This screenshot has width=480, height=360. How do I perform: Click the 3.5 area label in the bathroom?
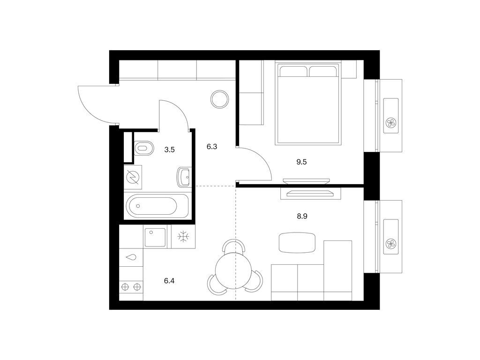[x=169, y=150]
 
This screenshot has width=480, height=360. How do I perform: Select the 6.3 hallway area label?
[x=211, y=147]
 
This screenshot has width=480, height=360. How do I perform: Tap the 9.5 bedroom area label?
[x=301, y=162]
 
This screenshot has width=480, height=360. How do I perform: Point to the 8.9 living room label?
[x=302, y=216]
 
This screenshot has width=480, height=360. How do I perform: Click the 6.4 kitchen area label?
[x=169, y=281]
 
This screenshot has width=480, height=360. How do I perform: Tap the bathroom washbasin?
[x=184, y=177]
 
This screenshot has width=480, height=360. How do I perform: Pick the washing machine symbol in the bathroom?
[x=133, y=177]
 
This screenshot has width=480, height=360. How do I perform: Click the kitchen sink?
[x=155, y=237]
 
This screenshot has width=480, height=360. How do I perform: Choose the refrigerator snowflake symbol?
[x=183, y=237]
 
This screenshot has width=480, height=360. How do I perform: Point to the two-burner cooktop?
[x=131, y=287]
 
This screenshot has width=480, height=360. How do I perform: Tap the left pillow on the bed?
[x=293, y=71]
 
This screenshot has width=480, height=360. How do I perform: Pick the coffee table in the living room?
[x=297, y=243]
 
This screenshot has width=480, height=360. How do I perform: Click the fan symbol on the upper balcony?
[x=391, y=123]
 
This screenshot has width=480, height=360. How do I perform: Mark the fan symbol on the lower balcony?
[x=391, y=244]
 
